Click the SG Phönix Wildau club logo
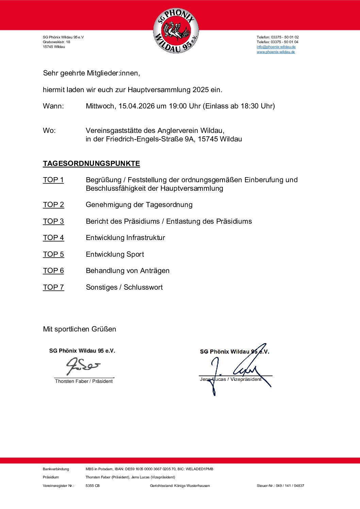176,31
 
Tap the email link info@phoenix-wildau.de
276,47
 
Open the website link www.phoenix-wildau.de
276,52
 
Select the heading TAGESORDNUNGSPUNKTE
91,164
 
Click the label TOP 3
53,221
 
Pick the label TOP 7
53,287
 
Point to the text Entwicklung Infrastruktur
125,238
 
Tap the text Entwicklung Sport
115,254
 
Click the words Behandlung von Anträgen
128,271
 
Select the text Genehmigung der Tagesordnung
139,205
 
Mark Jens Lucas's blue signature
238,369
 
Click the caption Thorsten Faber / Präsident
84,381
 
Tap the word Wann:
53,106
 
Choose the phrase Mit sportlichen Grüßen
79,329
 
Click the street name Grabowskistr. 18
56,42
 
